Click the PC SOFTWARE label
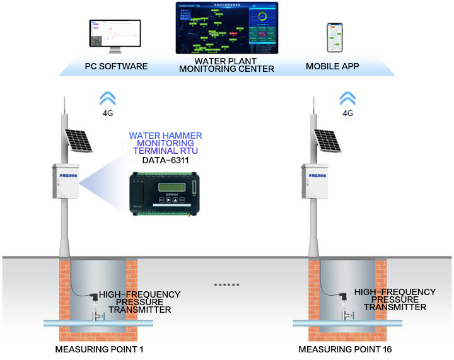tap(116, 66)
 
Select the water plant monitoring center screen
tap(226, 28)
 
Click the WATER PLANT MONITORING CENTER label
tap(226, 65)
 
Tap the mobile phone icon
tap(334, 38)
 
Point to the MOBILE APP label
tap(332, 66)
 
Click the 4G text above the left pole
tap(108, 113)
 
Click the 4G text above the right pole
tap(347, 113)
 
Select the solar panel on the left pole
tap(78, 140)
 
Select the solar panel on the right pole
tap(327, 140)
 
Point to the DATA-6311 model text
tap(166, 160)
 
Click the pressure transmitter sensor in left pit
tap(94, 301)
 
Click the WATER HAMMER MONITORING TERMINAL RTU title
tap(166, 143)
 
